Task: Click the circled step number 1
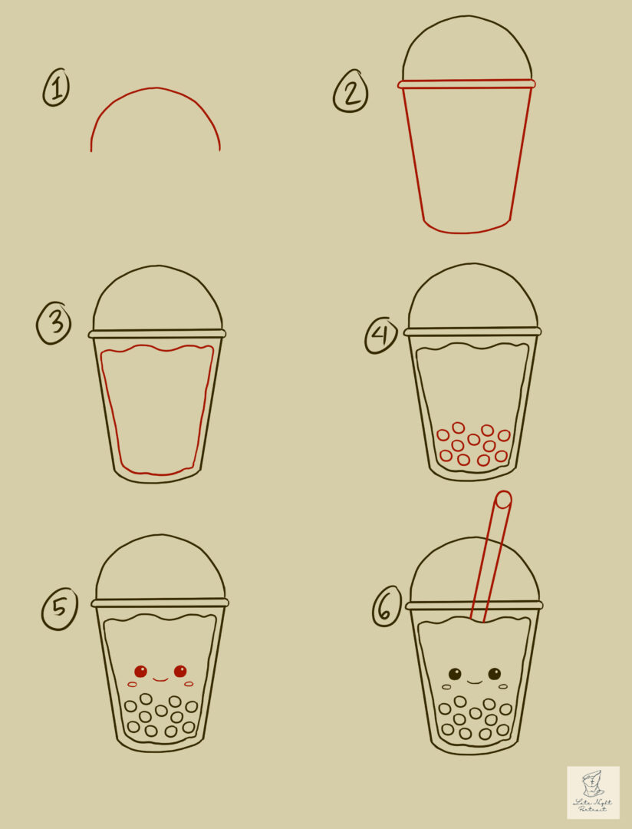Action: [x=55, y=88]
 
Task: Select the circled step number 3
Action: [x=54, y=324]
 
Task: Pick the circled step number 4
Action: [x=381, y=335]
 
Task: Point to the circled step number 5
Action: [x=59, y=610]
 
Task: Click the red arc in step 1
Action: [x=156, y=89]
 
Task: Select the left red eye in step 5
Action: [x=140, y=671]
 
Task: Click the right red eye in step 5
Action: [x=180, y=671]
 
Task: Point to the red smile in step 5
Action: [x=160, y=679]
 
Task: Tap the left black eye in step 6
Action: [x=455, y=674]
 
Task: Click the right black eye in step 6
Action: [x=495, y=674]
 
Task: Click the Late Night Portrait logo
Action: [x=593, y=792]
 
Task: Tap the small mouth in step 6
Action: [x=475, y=682]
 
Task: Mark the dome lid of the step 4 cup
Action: [x=472, y=298]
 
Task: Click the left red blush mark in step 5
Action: [x=132, y=684]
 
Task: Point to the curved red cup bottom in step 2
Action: [x=467, y=230]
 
